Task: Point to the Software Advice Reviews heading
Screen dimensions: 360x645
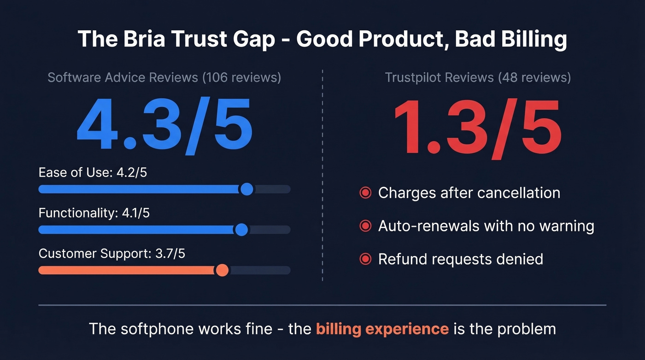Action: tap(164, 77)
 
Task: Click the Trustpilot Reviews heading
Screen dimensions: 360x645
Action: tap(478, 77)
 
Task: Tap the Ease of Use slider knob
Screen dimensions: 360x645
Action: tap(247, 189)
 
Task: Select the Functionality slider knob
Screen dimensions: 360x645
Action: tap(241, 230)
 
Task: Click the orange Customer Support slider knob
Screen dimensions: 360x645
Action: tap(222, 270)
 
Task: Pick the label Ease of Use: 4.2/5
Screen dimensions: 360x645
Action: tap(93, 173)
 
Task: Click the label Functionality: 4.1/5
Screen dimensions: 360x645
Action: tap(94, 213)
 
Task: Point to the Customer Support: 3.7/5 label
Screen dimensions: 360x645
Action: tap(112, 254)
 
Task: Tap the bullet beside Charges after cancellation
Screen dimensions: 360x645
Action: tap(365, 193)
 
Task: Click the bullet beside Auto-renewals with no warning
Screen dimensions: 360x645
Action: tap(365, 226)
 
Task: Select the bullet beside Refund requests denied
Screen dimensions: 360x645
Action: tap(365, 259)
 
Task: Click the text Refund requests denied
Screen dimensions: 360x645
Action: tap(460, 259)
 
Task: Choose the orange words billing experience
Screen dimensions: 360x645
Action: tap(382, 329)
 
